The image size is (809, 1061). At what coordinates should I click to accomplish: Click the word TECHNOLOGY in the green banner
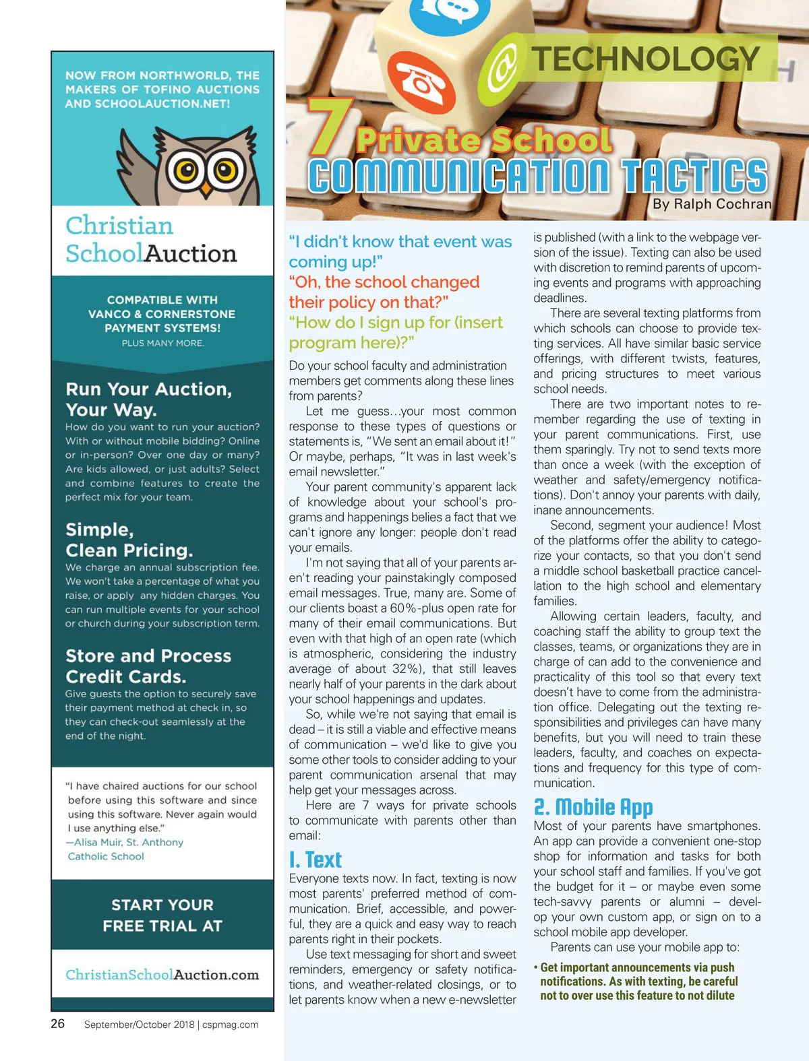coord(646,59)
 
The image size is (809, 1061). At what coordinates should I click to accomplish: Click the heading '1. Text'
coord(315,860)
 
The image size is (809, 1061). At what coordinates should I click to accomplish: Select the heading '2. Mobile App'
coord(593,807)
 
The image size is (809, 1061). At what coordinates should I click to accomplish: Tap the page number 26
coord(58,1023)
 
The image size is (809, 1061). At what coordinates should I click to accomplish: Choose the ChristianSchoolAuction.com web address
coord(162,975)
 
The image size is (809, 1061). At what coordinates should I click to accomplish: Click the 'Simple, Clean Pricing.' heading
coord(129,540)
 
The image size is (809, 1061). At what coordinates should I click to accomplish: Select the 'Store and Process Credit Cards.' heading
coord(148,666)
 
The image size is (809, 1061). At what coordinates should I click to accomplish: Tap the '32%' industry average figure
coord(407,669)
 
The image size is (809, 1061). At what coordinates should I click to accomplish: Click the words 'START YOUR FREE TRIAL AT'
coord(162,915)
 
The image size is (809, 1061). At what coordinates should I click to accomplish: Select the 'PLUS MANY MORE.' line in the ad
coord(162,343)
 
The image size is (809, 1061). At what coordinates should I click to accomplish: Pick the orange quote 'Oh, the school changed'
coord(384,282)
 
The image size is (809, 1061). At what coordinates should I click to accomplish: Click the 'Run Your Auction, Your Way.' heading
coord(148,399)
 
